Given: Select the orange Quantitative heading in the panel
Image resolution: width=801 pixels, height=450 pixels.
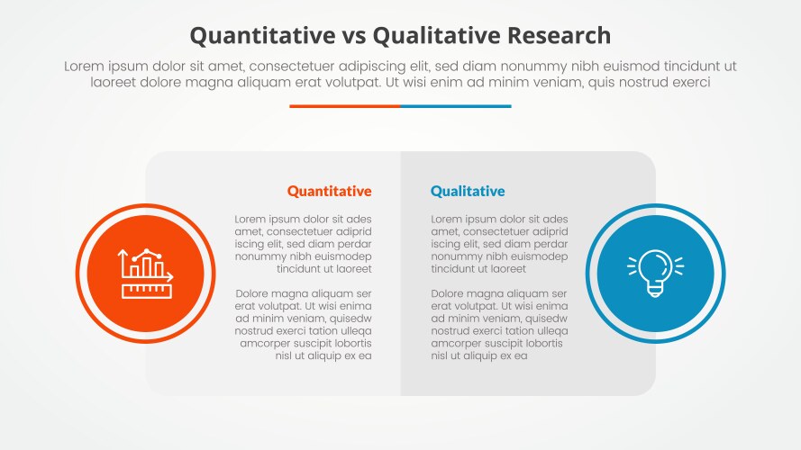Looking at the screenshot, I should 329,191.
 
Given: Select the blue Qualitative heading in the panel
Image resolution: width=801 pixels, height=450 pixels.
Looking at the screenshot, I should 468,191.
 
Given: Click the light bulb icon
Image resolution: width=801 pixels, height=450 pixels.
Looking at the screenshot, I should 655,273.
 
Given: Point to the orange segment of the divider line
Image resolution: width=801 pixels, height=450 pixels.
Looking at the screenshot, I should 344,106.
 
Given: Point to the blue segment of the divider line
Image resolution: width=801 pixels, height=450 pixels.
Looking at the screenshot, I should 455,106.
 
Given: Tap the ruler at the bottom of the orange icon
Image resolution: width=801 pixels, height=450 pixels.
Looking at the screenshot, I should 145,291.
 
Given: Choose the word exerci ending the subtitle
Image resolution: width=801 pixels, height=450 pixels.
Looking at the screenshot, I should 687,82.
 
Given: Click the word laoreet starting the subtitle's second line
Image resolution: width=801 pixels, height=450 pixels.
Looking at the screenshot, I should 116,82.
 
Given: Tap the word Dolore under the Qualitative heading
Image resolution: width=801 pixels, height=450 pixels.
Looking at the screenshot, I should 451,293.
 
